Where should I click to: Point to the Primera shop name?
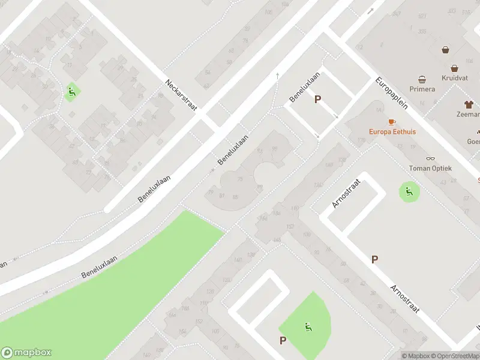(422, 89)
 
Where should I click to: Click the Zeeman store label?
(468, 113)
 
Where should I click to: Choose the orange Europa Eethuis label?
(392, 131)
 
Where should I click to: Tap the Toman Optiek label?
(430, 169)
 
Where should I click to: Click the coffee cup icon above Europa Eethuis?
(392, 122)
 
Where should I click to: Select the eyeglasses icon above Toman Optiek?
(430, 159)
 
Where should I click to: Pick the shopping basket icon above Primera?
(422, 79)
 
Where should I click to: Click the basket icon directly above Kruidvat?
(455, 68)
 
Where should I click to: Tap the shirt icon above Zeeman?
(469, 103)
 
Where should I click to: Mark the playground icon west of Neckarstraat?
(71, 92)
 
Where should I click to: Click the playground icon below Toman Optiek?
(409, 192)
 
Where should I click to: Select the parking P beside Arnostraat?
(374, 259)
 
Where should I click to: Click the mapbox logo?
(26, 353)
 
